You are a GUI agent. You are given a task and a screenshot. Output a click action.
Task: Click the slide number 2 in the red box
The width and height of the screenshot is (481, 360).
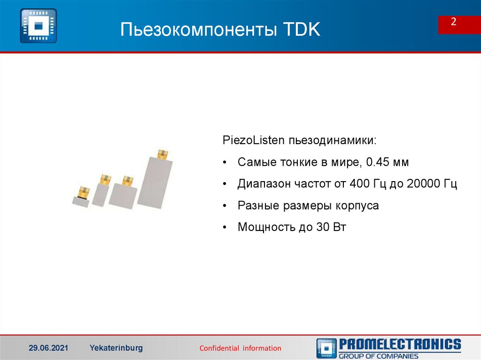[454, 23]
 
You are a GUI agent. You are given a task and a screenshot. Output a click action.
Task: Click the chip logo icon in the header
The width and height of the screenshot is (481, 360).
[38, 26]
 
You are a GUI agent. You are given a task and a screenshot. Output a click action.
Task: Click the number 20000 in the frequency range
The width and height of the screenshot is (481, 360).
[425, 184]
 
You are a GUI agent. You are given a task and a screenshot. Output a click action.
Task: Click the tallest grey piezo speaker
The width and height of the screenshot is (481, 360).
[155, 183]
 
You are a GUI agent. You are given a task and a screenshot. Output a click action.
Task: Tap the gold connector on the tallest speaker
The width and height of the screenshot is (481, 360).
[163, 154]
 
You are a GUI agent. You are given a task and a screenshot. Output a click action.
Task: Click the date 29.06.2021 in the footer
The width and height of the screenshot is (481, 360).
[48, 348]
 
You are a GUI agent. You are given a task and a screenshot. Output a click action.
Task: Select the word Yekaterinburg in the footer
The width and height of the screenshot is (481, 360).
[116, 348]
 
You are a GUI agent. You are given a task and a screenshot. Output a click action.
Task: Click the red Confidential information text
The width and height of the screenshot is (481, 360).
[240, 348]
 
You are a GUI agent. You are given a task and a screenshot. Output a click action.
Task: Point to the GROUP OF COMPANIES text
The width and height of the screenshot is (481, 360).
[379, 356]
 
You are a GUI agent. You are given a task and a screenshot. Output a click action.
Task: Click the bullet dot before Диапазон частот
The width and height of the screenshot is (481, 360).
[225, 184]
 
